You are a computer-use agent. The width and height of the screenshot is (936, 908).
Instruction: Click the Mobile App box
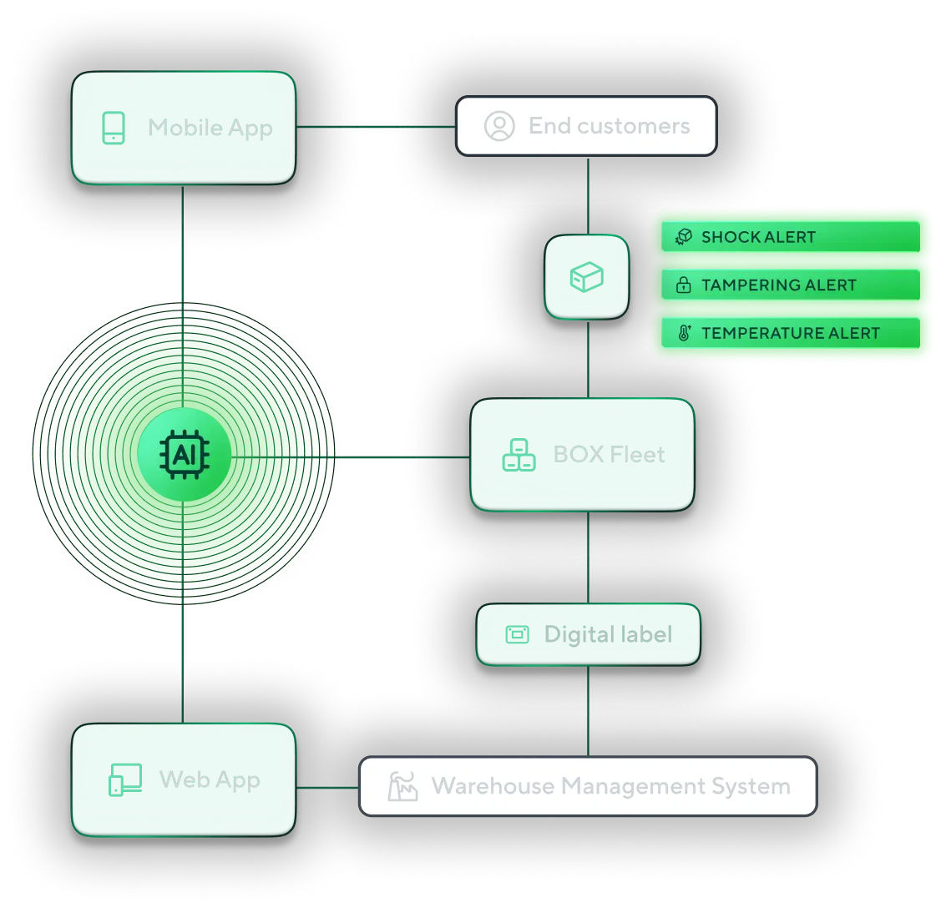click(183, 128)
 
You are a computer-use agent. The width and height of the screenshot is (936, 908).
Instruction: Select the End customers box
click(586, 126)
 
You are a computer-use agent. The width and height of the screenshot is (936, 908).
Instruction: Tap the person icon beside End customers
click(499, 126)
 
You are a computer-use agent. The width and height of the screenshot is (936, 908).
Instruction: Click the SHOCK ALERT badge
click(790, 237)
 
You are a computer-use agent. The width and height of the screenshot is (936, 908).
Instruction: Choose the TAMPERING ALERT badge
click(790, 285)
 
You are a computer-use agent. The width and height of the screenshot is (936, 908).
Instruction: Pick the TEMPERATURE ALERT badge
click(790, 333)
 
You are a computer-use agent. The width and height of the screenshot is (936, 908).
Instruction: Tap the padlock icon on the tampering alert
click(683, 285)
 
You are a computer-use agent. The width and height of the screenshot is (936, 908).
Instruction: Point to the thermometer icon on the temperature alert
click(684, 334)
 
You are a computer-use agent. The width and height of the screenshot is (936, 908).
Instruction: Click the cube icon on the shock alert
click(683, 237)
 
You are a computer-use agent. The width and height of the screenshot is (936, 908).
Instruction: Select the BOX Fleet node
click(583, 454)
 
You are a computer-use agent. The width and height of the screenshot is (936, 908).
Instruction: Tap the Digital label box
click(588, 634)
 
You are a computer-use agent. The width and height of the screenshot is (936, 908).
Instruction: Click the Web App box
click(183, 779)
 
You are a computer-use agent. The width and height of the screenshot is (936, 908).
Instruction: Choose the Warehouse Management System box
click(588, 786)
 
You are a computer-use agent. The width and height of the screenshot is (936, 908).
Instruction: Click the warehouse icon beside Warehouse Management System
click(402, 786)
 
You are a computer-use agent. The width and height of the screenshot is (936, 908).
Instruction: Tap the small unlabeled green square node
click(587, 276)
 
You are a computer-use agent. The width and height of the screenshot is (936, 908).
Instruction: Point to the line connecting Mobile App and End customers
click(376, 127)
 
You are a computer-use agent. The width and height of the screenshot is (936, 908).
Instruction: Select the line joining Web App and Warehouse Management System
click(328, 787)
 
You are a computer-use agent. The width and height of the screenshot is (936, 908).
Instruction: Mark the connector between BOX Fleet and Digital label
click(589, 557)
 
